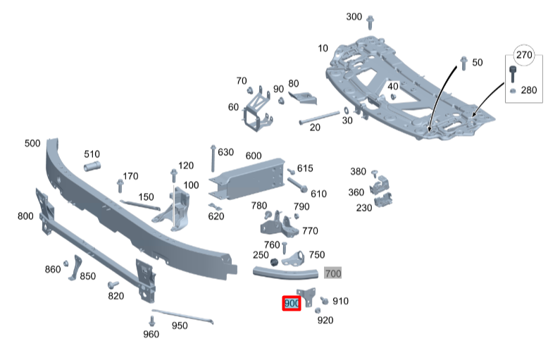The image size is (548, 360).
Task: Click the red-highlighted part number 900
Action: [292, 304]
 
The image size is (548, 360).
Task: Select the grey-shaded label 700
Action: [332, 273]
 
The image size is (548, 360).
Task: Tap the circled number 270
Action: [524, 55]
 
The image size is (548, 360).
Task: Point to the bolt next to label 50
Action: [463, 63]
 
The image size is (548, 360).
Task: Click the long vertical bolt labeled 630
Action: [212, 158]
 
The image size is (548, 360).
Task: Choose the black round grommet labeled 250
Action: [267, 263]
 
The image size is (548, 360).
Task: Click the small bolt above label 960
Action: [151, 321]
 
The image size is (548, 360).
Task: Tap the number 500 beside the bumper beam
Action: [32, 143]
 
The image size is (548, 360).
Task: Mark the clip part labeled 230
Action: [384, 201]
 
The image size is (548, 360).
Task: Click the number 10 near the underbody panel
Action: [323, 48]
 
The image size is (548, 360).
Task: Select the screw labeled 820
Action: [111, 285]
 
